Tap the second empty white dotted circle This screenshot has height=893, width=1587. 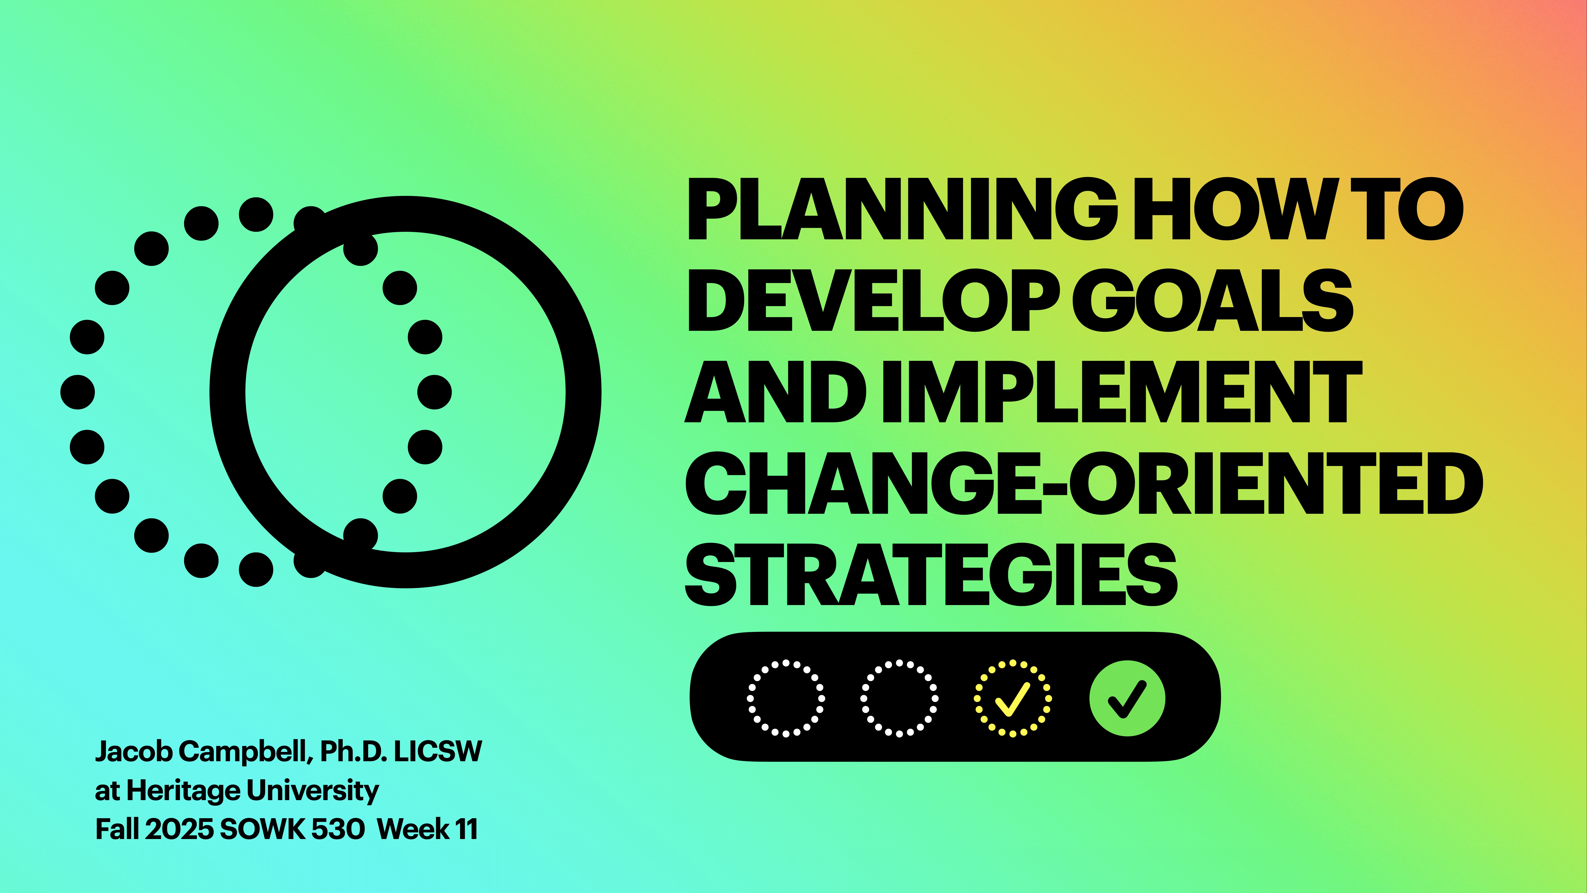click(899, 698)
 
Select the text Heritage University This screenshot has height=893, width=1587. click(252, 791)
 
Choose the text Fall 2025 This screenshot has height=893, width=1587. click(154, 829)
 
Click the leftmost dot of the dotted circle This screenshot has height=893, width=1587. click(78, 392)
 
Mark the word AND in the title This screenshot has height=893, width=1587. click(775, 392)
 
